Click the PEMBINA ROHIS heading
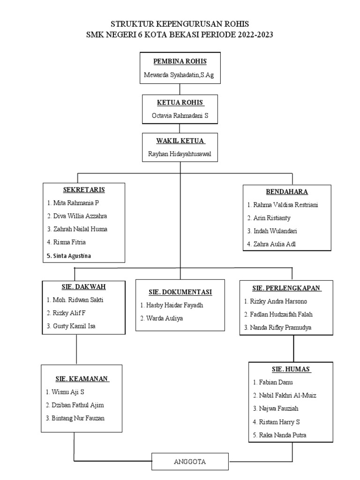180,62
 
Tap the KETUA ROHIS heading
180,103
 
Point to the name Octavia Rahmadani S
180,116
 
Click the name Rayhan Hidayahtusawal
180,154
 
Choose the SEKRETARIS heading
84,190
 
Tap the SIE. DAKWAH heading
84,287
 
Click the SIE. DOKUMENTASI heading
180,292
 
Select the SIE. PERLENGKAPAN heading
286,288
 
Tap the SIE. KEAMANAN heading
82,378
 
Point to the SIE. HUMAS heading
291,369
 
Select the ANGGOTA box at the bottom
190,462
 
